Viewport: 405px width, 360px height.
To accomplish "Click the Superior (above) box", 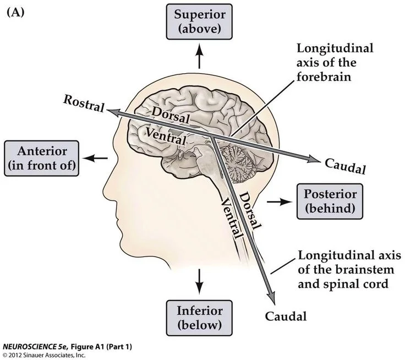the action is pyautogui.click(x=199, y=21).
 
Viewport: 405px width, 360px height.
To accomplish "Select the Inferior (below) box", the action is pyautogui.click(x=199, y=318).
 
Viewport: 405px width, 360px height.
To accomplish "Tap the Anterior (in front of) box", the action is pyautogui.click(x=42, y=159).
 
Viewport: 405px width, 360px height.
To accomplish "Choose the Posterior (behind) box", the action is pyautogui.click(x=330, y=201).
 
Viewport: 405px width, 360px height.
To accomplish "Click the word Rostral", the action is pyautogui.click(x=84, y=103).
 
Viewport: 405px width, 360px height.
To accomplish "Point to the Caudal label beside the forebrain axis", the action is pyautogui.click(x=346, y=166).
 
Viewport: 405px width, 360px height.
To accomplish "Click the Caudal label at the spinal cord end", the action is pyautogui.click(x=286, y=317).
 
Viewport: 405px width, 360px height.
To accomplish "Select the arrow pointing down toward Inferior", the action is pyautogui.click(x=199, y=281).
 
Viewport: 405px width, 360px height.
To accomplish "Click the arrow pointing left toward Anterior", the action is pyautogui.click(x=95, y=158).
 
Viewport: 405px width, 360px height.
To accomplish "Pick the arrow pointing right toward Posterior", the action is pyautogui.click(x=280, y=201).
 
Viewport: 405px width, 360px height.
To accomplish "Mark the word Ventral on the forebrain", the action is pyautogui.click(x=166, y=136).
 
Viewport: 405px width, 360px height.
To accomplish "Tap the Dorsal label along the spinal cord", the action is pyautogui.click(x=250, y=211).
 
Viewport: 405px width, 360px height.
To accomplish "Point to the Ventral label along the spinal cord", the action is pyautogui.click(x=232, y=219).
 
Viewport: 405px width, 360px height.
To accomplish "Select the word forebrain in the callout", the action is pyautogui.click(x=324, y=77).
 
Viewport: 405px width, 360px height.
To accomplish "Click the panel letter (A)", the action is pyautogui.click(x=15, y=12).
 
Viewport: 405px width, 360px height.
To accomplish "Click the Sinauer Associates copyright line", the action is pyautogui.click(x=44, y=355).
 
